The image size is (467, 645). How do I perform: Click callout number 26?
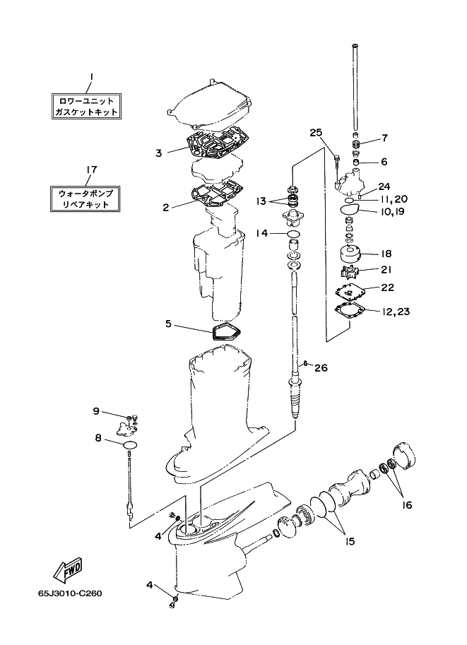(x=321, y=367)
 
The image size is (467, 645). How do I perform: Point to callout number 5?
(x=169, y=324)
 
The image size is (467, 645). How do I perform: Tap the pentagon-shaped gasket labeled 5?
(x=225, y=332)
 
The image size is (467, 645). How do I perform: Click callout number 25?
(x=315, y=132)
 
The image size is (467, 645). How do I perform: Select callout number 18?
(x=386, y=253)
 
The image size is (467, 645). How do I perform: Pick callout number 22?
(x=387, y=288)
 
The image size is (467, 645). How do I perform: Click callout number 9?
(x=96, y=411)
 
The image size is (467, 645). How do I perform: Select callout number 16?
(x=408, y=505)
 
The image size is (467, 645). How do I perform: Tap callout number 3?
(x=160, y=152)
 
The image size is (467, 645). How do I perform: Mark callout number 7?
(x=384, y=138)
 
